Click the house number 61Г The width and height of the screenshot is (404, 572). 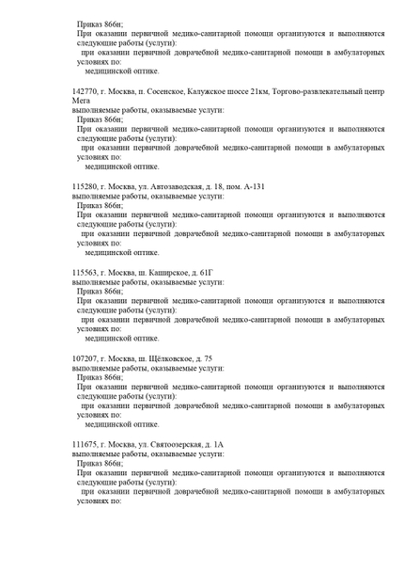point(210,272)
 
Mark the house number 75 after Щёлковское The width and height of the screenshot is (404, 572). point(208,358)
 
